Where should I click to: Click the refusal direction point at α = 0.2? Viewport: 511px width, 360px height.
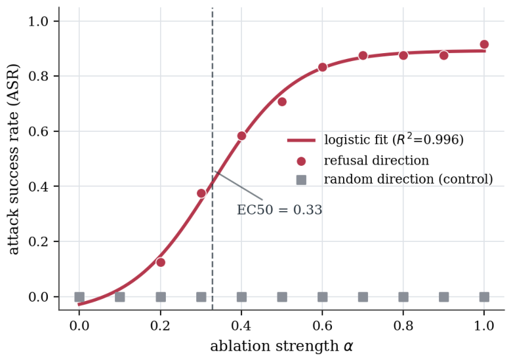[x=160, y=262]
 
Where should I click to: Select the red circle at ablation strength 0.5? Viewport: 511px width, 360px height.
[x=282, y=102]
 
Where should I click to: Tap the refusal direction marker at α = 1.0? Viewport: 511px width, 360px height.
[x=484, y=45]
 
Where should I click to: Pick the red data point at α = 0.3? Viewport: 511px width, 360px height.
[x=201, y=193]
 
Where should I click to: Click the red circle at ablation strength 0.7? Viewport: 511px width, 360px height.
[x=363, y=56]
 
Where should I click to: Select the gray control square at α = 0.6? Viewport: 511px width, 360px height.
[x=322, y=297]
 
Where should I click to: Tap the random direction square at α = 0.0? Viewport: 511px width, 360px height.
[x=79, y=297]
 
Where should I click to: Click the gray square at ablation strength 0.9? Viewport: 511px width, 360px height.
[x=444, y=297]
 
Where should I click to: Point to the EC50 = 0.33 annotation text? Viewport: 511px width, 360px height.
[x=279, y=210]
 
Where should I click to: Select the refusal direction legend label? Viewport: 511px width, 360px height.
[x=377, y=160]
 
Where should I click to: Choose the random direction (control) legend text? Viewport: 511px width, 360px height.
[x=409, y=179]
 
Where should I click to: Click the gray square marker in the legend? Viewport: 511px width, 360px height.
[x=301, y=180]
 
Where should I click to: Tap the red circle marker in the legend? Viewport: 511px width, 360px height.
[x=301, y=161]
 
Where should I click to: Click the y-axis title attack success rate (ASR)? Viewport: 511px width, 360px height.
[x=13, y=159]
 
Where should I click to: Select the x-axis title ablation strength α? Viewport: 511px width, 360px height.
[x=281, y=346]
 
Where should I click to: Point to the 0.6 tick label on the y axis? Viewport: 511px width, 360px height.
[x=39, y=131]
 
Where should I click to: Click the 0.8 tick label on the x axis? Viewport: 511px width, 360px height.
[x=403, y=325]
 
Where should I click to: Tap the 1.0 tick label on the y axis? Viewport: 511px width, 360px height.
[x=39, y=22]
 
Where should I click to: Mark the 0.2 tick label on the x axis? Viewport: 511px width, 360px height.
[x=160, y=325]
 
